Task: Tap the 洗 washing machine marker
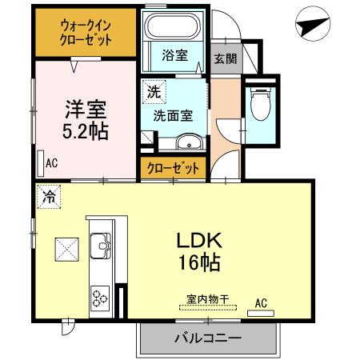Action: coord(150,92)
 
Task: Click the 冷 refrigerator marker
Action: coord(49,195)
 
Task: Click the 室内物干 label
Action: coord(207,299)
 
